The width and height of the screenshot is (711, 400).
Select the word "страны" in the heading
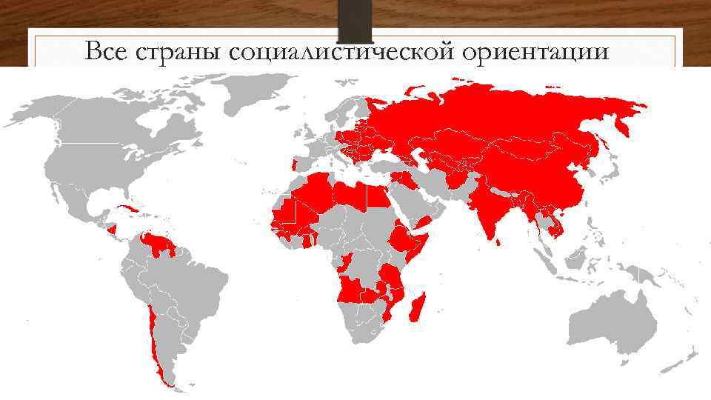click(173, 52)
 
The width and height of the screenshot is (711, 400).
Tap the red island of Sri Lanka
click(498, 239)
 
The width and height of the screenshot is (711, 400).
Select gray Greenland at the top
click(256, 96)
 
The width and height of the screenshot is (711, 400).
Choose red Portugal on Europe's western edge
click(296, 164)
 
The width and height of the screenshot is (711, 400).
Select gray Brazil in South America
click(193, 285)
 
